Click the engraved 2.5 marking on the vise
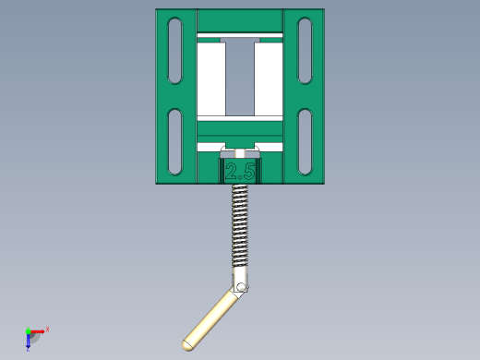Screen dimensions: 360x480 point(240,171)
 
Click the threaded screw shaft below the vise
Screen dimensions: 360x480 point(240,226)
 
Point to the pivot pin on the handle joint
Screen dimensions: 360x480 point(242,289)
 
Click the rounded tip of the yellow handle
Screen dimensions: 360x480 point(186,344)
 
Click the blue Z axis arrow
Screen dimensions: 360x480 point(29,341)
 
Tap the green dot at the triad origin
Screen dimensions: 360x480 point(29,330)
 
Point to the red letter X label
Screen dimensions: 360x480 point(47,329)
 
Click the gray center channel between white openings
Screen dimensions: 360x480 point(240,78)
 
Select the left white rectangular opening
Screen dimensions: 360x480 point(212,78)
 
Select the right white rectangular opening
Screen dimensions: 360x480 point(268,78)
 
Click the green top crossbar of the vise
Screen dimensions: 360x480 point(240,21)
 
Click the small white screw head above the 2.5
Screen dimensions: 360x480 point(240,152)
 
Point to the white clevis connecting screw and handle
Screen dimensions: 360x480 point(239,278)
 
